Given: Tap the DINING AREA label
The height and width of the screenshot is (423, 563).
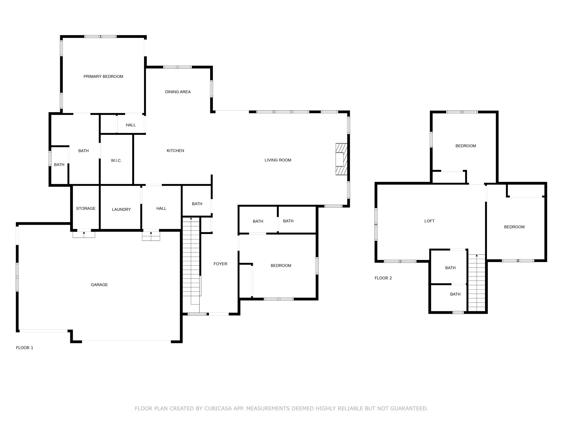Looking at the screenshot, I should (x=178, y=92).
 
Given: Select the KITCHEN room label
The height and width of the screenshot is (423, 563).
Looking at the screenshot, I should (x=175, y=151).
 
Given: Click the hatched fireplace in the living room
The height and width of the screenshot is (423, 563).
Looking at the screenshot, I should (x=341, y=159).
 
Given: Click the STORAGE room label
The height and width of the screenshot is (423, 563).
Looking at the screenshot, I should (x=86, y=208).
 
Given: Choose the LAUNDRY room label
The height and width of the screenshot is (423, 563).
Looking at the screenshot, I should (x=121, y=210).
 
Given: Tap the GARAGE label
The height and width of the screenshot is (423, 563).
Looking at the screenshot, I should (x=99, y=285).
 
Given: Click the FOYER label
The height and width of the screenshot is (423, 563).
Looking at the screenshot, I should (x=220, y=264).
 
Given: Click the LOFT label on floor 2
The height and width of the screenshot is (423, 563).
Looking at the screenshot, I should (x=429, y=221).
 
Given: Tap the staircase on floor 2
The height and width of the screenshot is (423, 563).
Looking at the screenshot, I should (x=476, y=283).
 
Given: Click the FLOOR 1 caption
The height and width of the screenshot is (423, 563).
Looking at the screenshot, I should (x=24, y=348).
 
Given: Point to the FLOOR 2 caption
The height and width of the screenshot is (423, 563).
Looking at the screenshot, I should (x=383, y=278).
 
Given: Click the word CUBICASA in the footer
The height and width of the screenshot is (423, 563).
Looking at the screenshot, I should (x=218, y=409).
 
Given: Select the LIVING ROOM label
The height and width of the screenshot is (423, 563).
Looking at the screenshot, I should (x=278, y=160).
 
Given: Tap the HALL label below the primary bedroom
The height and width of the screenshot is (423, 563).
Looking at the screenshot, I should (x=131, y=125).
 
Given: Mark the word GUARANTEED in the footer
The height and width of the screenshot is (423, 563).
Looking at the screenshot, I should (x=409, y=409).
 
